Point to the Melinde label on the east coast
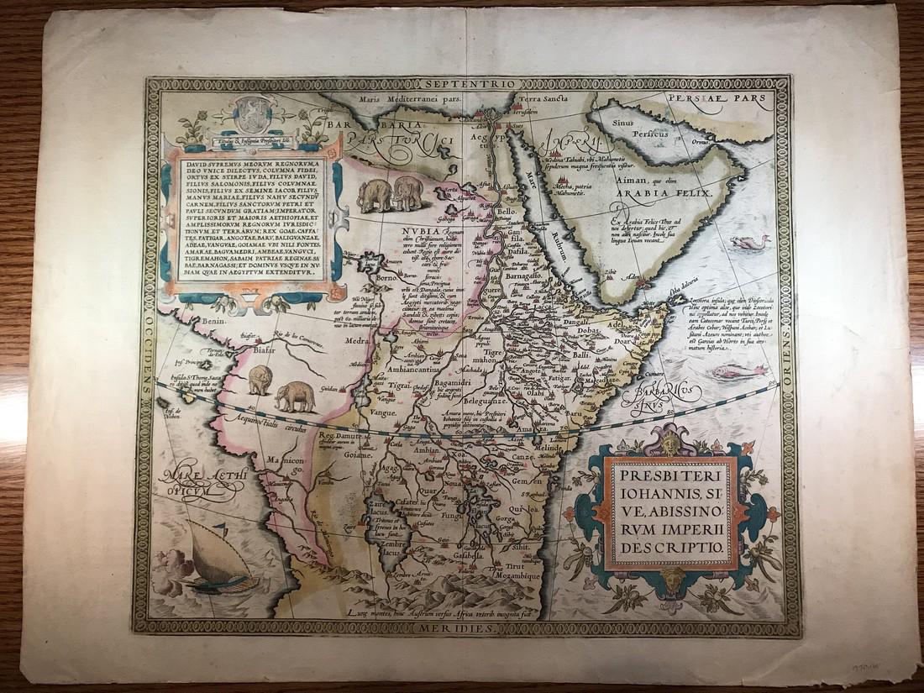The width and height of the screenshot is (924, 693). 550,454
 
